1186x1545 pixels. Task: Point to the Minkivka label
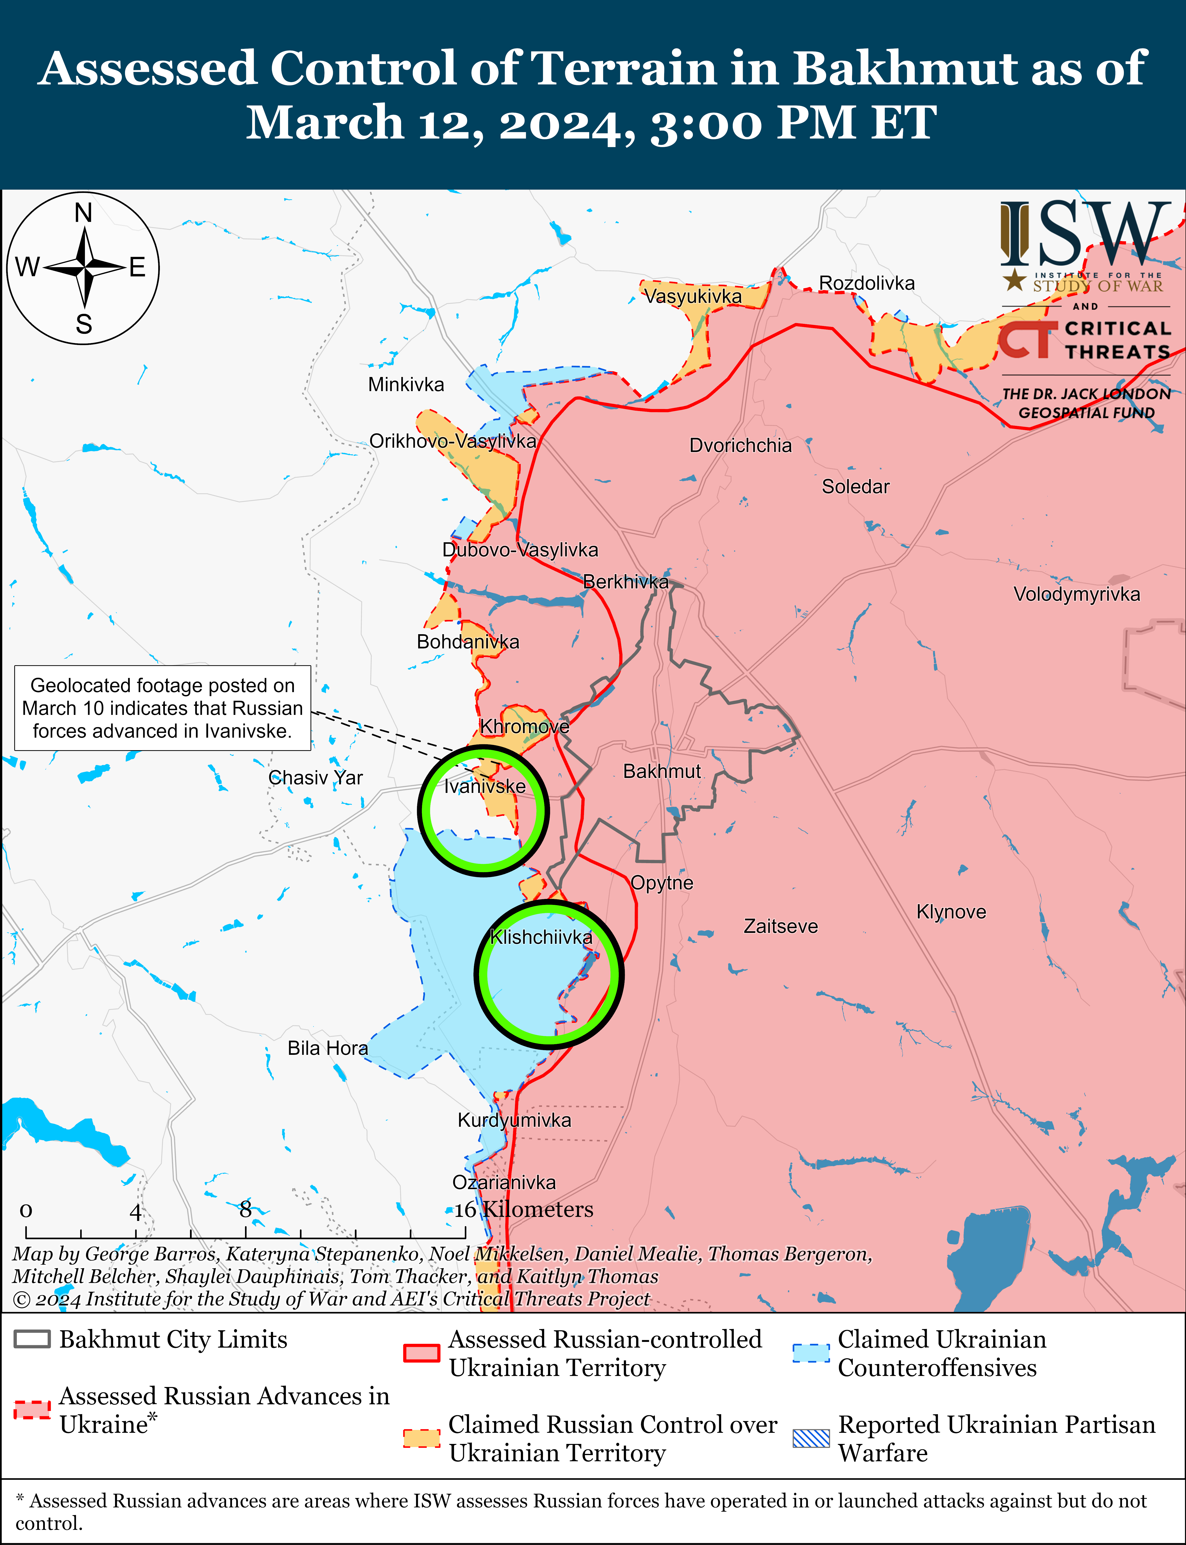tap(406, 385)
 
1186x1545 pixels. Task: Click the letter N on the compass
tap(83, 213)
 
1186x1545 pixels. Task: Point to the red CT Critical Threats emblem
tap(1027, 340)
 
